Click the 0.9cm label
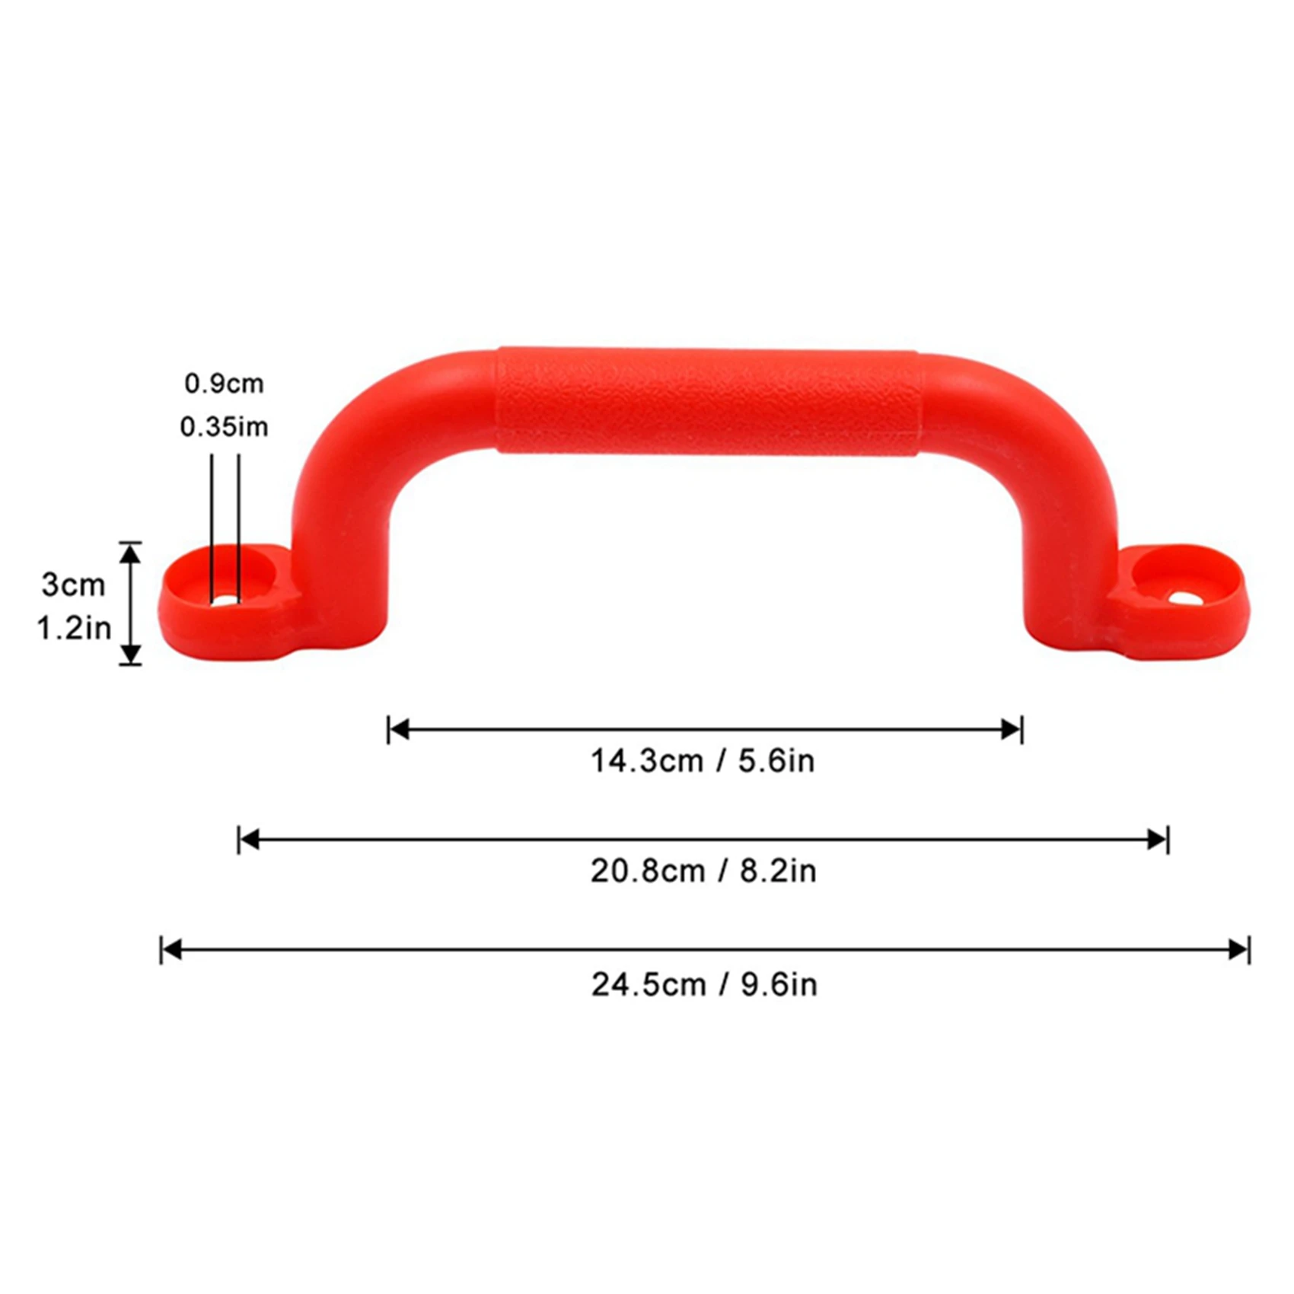[x=224, y=384]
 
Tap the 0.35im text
[x=224, y=427]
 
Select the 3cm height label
[x=73, y=585]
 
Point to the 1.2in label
[x=74, y=629]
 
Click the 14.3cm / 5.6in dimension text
[x=703, y=761]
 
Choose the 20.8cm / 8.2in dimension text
[x=703, y=871]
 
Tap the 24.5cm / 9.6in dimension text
[x=704, y=985]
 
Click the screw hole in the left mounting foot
[x=225, y=600]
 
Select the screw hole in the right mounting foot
[x=1184, y=598]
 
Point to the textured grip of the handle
[x=708, y=401]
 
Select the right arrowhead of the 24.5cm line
[x=1238, y=950]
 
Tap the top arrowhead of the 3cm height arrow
[x=131, y=553]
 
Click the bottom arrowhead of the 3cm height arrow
[x=131, y=654]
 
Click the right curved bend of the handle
[x=1050, y=426]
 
